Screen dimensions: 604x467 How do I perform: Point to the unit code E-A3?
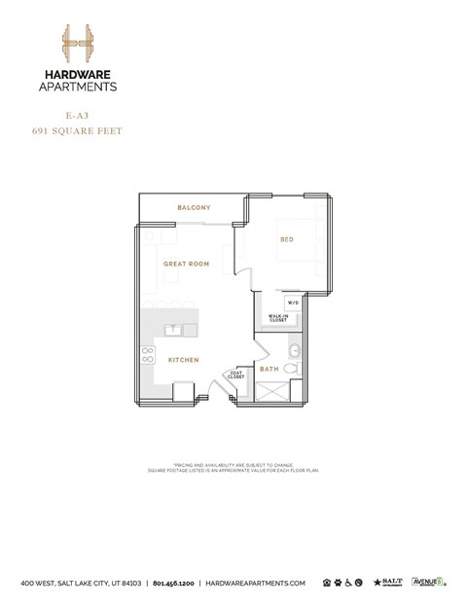point(77,115)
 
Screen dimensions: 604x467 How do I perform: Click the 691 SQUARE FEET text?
point(77,130)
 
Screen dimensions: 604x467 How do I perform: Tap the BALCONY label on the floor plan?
point(194,207)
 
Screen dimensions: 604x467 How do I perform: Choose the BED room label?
point(287,238)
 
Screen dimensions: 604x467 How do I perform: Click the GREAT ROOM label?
point(187,264)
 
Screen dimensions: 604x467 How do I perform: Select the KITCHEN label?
point(184,360)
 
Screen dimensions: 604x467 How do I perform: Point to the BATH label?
point(269,369)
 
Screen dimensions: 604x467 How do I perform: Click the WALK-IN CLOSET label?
point(278,318)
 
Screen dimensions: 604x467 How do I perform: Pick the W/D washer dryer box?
point(293,302)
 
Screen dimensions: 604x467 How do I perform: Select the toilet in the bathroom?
point(296,351)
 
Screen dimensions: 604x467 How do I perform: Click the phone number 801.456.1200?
point(174,583)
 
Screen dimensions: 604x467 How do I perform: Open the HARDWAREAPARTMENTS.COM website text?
point(256,583)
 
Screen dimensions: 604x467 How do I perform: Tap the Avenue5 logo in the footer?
point(428,582)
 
